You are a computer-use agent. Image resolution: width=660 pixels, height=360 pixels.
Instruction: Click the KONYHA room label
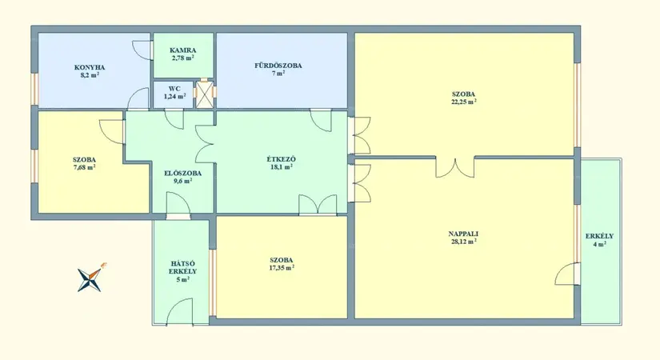[x=90, y=67]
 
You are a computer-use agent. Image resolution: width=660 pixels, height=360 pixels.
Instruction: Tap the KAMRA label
[x=182, y=50]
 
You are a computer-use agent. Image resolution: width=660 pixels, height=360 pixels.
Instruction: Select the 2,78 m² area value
[x=182, y=58]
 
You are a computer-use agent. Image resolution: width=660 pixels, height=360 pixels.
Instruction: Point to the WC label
[x=174, y=89]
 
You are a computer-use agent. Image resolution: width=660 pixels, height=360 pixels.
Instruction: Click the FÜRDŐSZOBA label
[x=278, y=66]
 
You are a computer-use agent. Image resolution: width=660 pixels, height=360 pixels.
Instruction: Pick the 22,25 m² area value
[x=463, y=102]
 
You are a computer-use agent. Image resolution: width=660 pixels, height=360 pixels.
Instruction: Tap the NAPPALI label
[x=463, y=234]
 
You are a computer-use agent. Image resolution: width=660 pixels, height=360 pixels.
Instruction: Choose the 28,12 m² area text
[x=463, y=242]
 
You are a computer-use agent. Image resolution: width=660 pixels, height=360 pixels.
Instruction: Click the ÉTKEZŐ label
[x=281, y=159]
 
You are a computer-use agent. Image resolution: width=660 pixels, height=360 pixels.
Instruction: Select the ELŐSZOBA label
[x=182, y=173]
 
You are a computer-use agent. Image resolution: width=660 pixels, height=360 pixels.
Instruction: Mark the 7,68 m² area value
[x=84, y=167]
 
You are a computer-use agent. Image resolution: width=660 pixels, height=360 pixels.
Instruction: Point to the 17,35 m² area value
[x=282, y=268]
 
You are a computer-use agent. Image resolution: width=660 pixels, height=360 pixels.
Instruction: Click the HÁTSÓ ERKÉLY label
[x=182, y=267]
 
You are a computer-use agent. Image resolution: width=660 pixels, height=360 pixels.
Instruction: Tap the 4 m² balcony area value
[x=599, y=244]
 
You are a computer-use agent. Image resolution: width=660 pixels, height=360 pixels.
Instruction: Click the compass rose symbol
[x=90, y=278]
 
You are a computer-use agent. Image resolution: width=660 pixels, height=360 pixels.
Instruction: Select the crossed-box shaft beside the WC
[x=205, y=94]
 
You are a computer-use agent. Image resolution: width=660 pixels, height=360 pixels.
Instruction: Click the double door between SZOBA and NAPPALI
[x=455, y=167]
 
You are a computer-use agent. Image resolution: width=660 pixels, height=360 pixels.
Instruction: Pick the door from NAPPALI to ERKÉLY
[x=567, y=274]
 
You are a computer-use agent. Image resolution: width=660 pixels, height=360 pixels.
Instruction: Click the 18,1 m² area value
[x=281, y=166]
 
